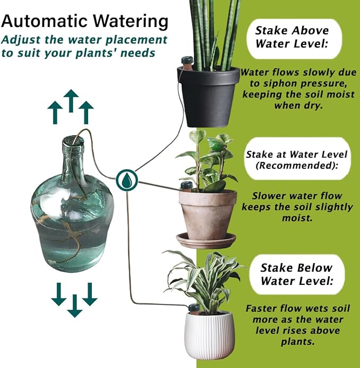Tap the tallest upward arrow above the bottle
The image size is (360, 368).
71,100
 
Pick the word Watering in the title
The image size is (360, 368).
130,22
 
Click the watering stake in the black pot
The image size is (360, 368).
186,60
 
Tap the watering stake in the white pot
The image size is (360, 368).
194,308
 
